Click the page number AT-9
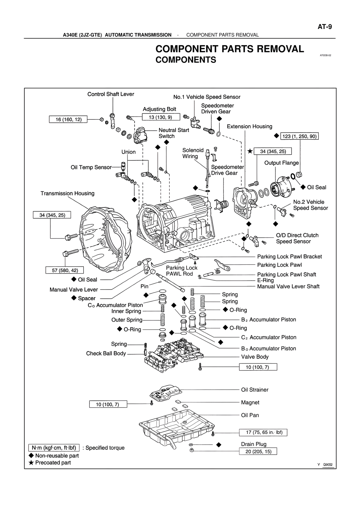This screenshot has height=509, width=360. [x=325, y=27]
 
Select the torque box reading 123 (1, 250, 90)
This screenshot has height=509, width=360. [x=300, y=136]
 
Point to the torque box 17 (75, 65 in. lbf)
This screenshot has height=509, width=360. [x=263, y=432]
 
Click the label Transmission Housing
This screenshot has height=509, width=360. [x=67, y=193]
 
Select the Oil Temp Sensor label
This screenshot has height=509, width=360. [x=91, y=167]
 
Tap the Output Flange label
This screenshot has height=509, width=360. [x=281, y=163]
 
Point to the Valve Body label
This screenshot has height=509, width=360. [x=255, y=357]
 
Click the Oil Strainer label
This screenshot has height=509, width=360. [x=255, y=390]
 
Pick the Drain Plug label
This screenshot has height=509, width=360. [x=254, y=444]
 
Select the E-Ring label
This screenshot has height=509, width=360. [x=265, y=280]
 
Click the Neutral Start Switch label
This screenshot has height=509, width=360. [x=174, y=133]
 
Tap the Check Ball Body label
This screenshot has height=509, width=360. [x=106, y=353]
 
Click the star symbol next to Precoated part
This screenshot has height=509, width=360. [x=31, y=463]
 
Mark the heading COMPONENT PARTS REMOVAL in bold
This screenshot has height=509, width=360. [x=229, y=49]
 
